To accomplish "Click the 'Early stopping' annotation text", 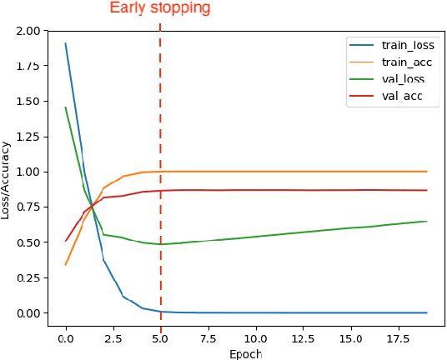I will click(160, 9).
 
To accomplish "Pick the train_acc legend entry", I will click(403, 62).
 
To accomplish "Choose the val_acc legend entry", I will click(399, 97).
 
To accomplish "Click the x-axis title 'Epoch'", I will click(245, 353).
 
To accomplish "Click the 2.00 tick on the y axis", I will click(27, 31).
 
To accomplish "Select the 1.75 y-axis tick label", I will click(27, 66).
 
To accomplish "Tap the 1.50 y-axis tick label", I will click(27, 101).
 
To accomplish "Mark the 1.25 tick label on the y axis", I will click(27, 137).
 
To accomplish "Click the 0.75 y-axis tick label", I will click(27, 207).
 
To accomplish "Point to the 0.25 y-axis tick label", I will click(27, 277).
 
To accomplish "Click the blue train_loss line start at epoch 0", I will click(66, 44).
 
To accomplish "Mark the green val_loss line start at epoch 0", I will click(66, 107).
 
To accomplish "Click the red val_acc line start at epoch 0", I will click(66, 241).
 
